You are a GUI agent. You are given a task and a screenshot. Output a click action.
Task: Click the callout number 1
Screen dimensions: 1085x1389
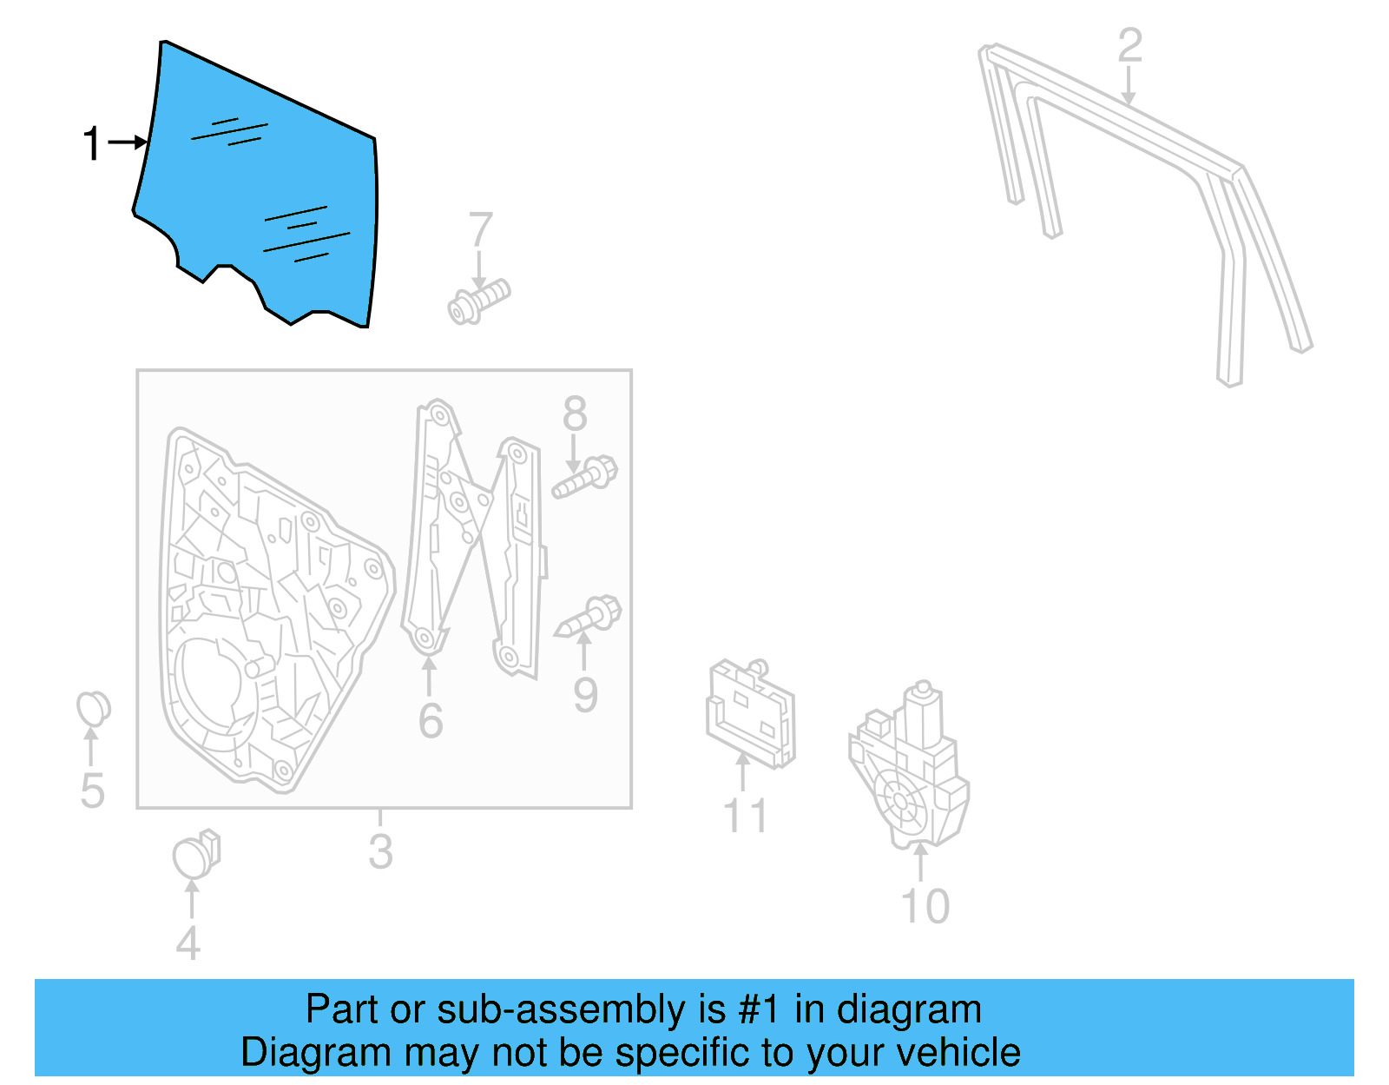92,143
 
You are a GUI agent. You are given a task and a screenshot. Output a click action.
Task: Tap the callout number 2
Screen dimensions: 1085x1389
1129,46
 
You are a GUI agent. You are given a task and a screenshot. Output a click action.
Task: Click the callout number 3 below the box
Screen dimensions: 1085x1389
380,851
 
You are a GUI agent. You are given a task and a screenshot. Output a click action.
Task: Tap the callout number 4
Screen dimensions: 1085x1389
188,943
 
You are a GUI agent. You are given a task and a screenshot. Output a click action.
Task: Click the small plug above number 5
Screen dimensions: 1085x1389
93,709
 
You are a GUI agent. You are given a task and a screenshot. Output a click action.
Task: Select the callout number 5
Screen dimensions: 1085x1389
92,791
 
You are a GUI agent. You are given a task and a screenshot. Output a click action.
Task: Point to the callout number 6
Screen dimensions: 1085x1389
431,721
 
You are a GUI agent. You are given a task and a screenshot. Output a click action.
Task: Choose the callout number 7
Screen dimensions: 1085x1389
481,231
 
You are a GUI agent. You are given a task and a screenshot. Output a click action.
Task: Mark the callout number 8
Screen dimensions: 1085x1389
575,414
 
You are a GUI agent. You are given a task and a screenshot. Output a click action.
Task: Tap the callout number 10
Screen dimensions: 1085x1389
925,907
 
